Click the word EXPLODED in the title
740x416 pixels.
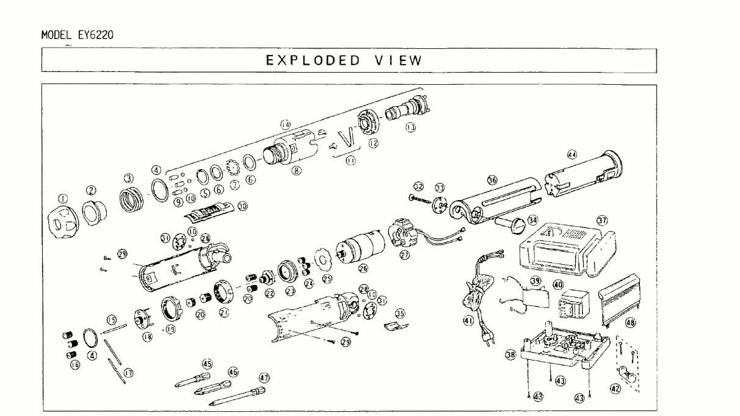(313, 60)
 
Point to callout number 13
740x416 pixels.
(410, 127)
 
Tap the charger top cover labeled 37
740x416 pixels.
(565, 250)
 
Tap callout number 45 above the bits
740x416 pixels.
(207, 364)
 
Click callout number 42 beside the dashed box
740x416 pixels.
(615, 388)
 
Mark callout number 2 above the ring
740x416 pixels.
(91, 190)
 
